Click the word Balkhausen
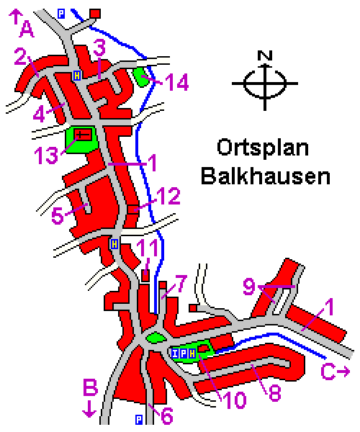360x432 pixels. coord(266,176)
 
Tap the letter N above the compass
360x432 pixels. coord(265,55)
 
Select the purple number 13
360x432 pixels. coord(46,155)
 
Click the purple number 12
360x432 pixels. coord(168,196)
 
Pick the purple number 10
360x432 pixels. coord(235,400)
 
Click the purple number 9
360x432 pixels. coord(249,287)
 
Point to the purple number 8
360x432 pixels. coord(274,392)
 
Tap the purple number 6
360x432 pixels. coord(167,415)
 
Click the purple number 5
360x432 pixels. coord(58,215)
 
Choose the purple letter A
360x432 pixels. coord(27,30)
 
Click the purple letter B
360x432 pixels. coord(90,387)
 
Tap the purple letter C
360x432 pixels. coord(328,372)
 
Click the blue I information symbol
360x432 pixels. coord(175,354)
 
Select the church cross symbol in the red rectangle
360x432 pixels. coord(83,135)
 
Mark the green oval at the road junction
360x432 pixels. coord(156,338)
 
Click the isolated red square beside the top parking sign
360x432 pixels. coord(95,13)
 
